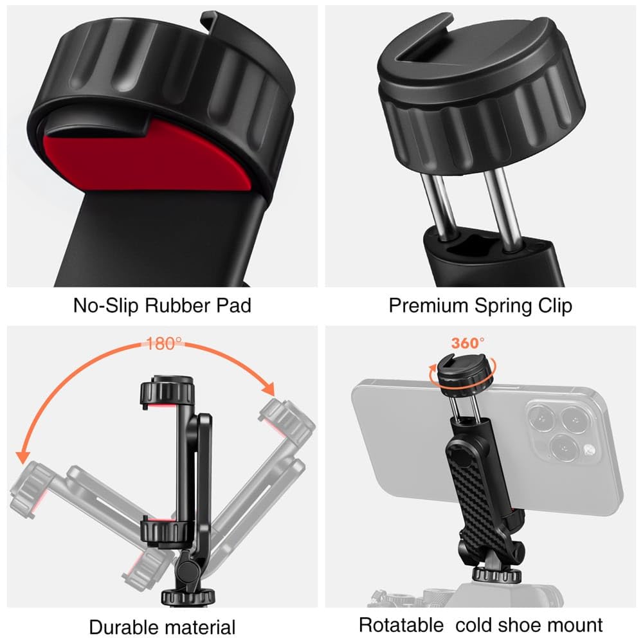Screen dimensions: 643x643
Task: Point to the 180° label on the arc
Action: [x=163, y=343]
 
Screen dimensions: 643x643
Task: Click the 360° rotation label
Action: [x=467, y=343]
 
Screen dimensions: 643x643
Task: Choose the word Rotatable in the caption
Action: [x=401, y=626]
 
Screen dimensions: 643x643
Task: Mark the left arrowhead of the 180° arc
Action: [x=23, y=457]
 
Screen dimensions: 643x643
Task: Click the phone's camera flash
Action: [x=589, y=449]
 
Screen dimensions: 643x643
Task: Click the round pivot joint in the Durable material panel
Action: [x=186, y=570]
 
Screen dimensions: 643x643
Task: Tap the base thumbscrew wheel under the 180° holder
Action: [x=188, y=597]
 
